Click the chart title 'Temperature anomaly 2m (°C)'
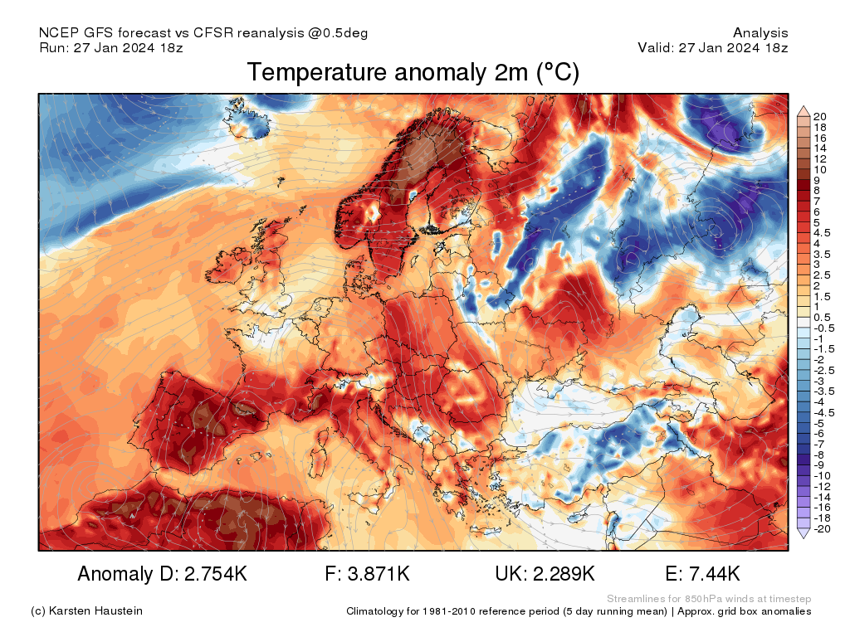pos(413,73)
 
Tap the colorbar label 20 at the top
pos(820,115)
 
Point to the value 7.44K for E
pos(713,574)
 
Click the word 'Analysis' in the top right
pos(760,33)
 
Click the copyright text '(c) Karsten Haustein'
pos(86,611)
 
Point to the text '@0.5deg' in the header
pos(342,33)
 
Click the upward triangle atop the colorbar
pos(803,109)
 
